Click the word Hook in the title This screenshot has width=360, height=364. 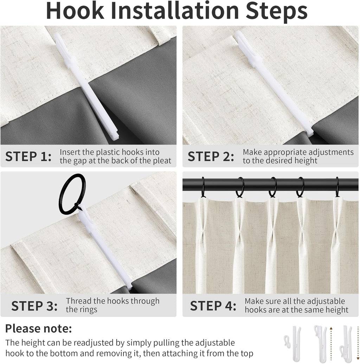coord(75,11)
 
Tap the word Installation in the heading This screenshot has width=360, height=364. coord(175,11)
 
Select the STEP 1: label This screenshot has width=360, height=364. coord(28,156)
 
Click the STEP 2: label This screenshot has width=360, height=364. coord(211,156)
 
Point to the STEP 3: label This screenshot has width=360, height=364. coord(34,306)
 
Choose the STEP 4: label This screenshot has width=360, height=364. coord(213,306)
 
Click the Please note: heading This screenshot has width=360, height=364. coord(39,329)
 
